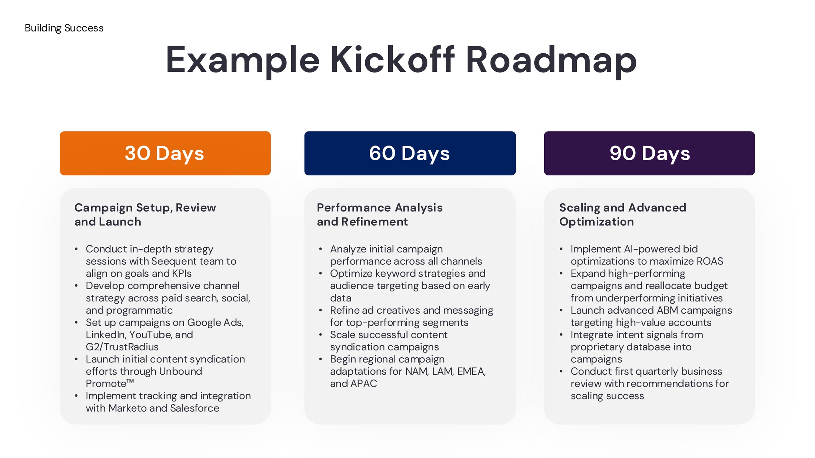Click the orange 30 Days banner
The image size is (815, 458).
point(165,153)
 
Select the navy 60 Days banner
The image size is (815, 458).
point(410,153)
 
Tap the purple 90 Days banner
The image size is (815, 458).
point(649,153)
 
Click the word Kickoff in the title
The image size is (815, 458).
point(392,60)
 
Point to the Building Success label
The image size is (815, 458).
point(64,28)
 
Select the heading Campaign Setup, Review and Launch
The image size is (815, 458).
point(145,214)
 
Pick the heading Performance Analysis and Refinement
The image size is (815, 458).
point(380,214)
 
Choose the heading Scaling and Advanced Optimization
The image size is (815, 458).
point(623,214)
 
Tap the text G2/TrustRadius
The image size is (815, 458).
point(122,347)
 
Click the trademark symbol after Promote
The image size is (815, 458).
point(130,381)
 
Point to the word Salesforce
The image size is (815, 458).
point(195,408)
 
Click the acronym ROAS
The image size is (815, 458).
point(710,261)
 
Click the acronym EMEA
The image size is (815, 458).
point(472,371)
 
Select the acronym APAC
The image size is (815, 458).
point(364,384)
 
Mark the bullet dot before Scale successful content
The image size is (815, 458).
point(320,335)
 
